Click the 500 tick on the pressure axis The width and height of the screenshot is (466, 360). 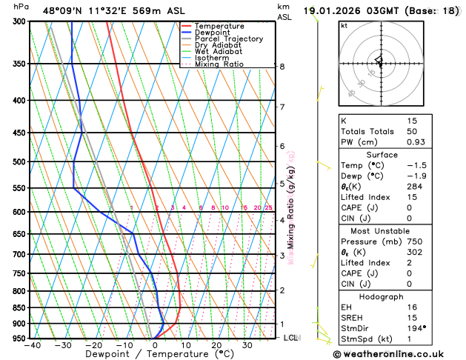(x=19, y=161)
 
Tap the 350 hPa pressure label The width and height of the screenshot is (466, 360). (x=19, y=64)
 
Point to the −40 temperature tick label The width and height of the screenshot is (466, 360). (x=32, y=345)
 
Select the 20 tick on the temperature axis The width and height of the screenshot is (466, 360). (x=216, y=345)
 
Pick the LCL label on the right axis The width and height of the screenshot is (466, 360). (x=291, y=338)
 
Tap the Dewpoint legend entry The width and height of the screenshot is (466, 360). (x=216, y=33)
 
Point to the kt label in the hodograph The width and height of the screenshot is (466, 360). (x=344, y=26)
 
